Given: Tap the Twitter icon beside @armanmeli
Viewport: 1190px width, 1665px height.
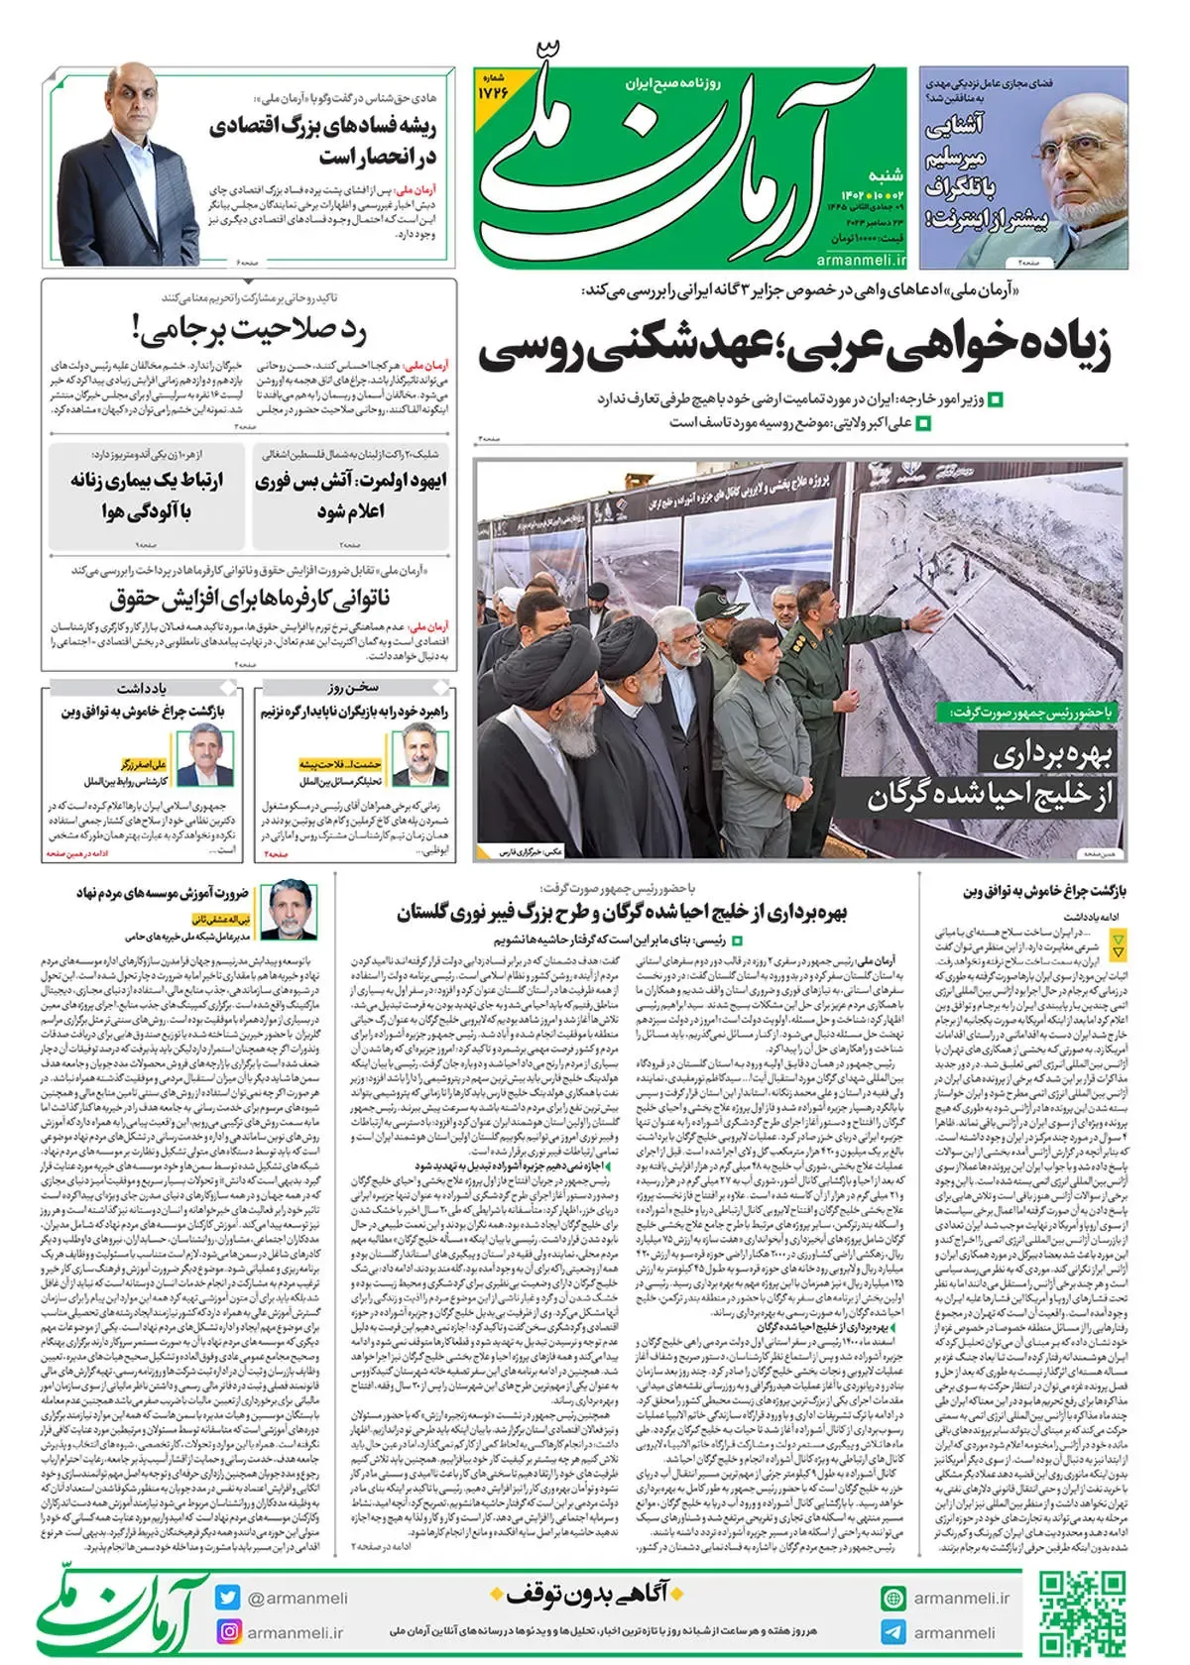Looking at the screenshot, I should [x=228, y=1598].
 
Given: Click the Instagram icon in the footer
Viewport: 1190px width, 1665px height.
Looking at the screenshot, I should [x=228, y=1631].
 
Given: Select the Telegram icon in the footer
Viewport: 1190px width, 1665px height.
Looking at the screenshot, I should [x=892, y=1631].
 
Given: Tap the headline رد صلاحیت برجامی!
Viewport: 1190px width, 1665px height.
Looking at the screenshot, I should [x=248, y=329].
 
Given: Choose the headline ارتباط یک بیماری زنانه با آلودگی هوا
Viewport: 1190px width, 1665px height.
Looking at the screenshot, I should [x=147, y=496].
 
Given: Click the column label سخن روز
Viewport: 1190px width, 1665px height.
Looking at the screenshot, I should [x=353, y=687].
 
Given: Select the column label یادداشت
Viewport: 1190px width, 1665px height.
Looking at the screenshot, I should [x=141, y=687].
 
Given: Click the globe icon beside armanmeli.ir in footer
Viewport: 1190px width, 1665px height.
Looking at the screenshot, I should [x=892, y=1598].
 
